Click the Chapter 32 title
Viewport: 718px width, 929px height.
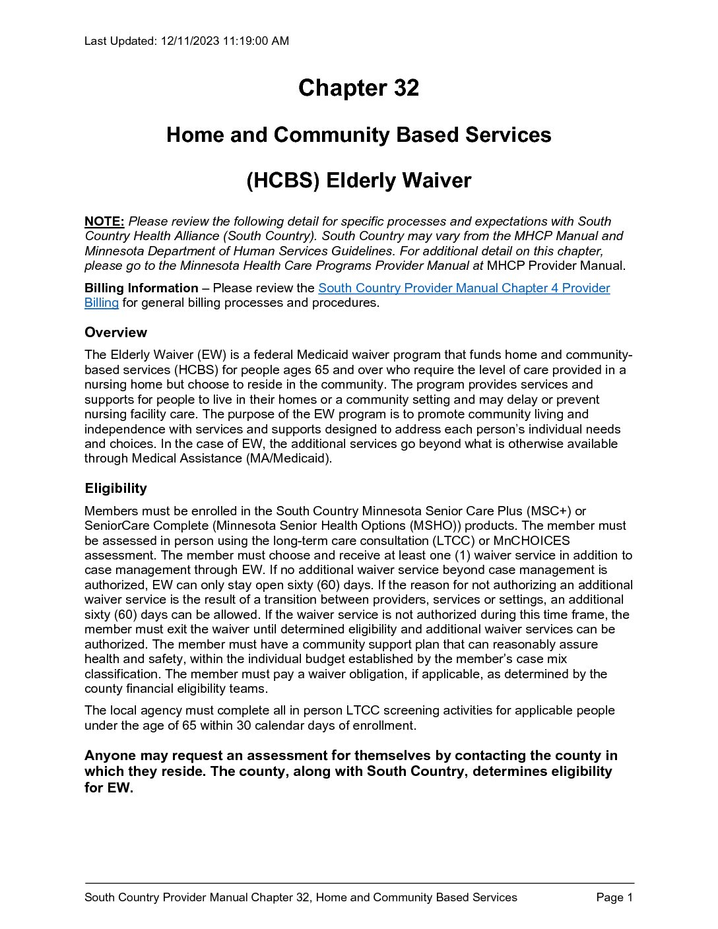click(358, 88)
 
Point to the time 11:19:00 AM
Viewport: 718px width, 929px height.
click(255, 41)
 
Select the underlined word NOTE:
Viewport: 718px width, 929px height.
click(104, 222)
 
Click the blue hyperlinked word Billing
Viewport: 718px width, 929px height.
click(102, 303)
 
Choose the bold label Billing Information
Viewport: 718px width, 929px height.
click(141, 288)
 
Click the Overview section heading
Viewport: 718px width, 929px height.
click(115, 333)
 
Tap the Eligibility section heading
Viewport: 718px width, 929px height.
click(115, 489)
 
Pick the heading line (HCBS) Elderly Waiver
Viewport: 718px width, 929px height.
click(358, 181)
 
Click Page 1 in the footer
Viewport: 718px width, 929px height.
click(614, 897)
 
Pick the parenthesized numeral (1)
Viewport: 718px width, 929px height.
click(462, 556)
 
